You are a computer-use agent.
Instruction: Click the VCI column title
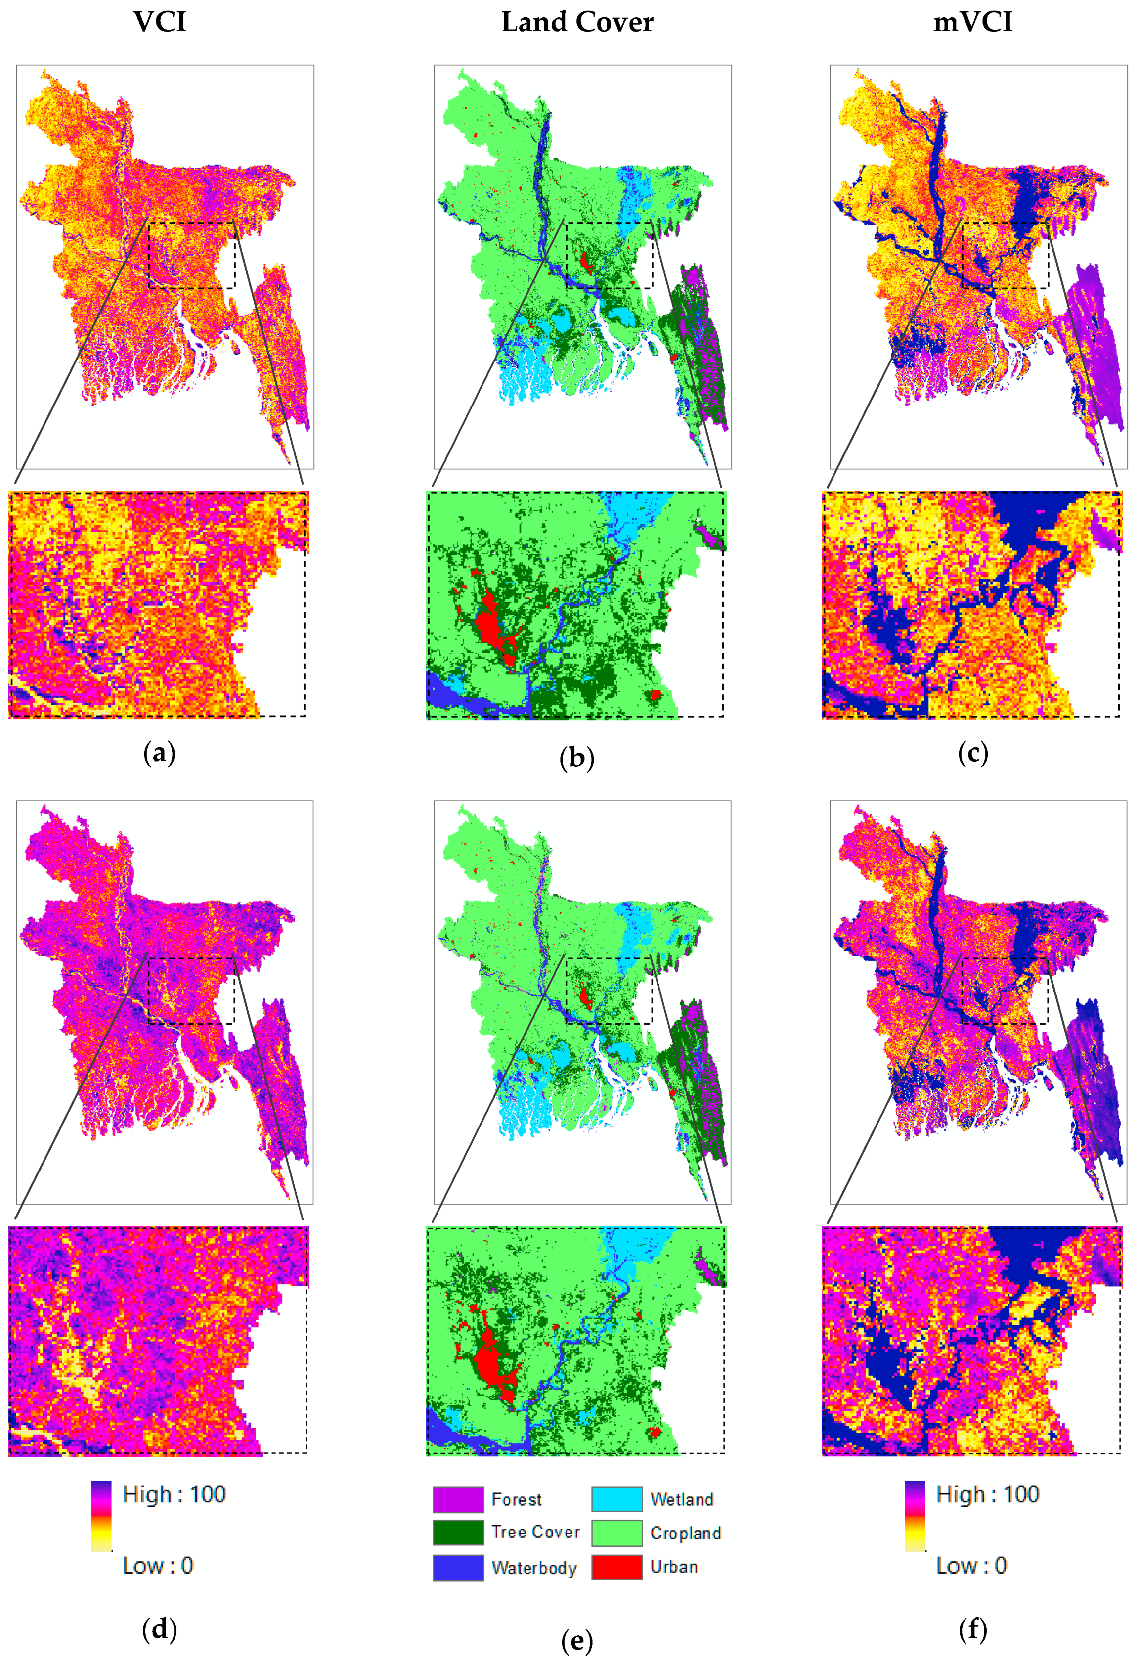click(x=159, y=22)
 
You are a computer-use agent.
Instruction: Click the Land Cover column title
click(x=577, y=22)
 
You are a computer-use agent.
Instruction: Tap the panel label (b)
click(x=577, y=758)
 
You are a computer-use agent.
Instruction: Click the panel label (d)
click(x=159, y=1629)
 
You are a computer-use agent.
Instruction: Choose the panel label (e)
click(x=577, y=1641)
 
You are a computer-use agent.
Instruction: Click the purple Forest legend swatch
click(x=458, y=1499)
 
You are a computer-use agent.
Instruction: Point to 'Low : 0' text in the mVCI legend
click(x=971, y=1565)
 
